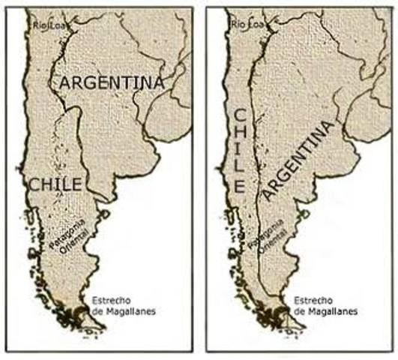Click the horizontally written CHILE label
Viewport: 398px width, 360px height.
55,183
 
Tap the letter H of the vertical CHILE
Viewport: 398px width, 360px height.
240,138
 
